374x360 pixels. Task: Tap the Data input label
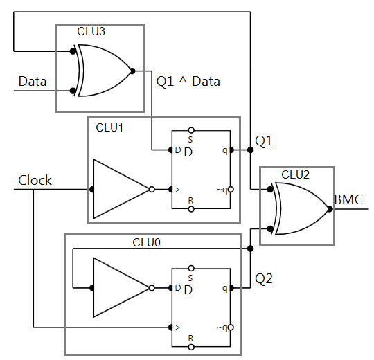point(33,82)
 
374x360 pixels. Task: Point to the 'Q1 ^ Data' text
point(189,82)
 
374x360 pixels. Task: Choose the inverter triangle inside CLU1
point(122,188)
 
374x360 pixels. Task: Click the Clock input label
point(35,181)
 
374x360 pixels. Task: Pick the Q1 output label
point(264,141)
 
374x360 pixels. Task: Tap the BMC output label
point(348,200)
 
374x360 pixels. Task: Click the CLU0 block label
point(146,242)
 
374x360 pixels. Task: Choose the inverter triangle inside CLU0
point(122,287)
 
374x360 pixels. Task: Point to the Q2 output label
point(264,279)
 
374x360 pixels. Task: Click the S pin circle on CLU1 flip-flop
point(191,129)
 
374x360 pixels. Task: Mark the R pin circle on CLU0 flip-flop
point(191,346)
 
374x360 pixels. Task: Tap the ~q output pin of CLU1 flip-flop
point(231,189)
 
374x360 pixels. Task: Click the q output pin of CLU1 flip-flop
point(231,150)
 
